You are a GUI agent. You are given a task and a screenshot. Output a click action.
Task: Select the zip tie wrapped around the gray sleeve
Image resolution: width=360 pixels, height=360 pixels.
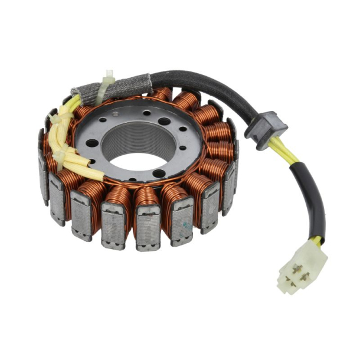[107, 89]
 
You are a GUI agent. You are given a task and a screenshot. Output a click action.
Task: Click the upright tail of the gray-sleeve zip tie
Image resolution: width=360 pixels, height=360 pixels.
[109, 77]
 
